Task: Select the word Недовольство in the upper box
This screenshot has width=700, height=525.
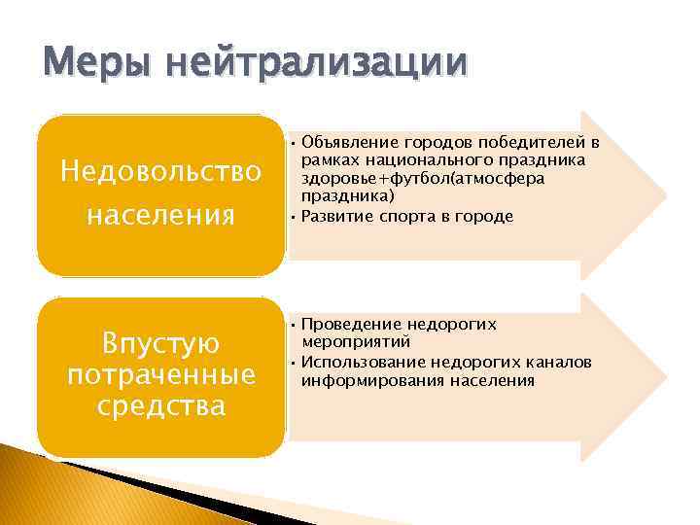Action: click(160, 171)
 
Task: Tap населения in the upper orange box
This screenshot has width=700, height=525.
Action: click(160, 213)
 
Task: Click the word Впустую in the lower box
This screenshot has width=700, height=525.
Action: click(160, 343)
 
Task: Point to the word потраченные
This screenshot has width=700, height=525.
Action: click(160, 374)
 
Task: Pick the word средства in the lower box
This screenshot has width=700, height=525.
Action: click(160, 404)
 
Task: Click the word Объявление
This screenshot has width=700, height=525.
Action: click(351, 142)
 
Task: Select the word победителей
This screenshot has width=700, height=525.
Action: click(536, 142)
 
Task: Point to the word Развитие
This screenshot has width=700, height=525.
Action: click(336, 216)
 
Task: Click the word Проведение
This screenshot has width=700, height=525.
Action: click(348, 323)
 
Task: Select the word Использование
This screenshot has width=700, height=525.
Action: click(359, 362)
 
